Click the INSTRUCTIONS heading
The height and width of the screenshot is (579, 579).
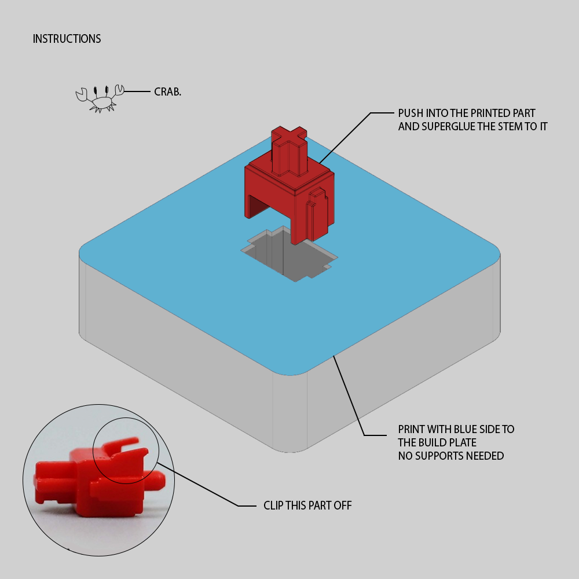(x=67, y=39)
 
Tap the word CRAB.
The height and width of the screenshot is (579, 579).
(x=167, y=92)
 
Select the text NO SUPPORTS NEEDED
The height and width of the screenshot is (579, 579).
(x=450, y=456)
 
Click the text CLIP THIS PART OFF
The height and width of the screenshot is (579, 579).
(x=307, y=506)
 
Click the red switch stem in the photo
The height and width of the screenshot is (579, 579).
(x=93, y=478)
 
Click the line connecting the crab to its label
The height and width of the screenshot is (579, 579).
(x=138, y=92)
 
